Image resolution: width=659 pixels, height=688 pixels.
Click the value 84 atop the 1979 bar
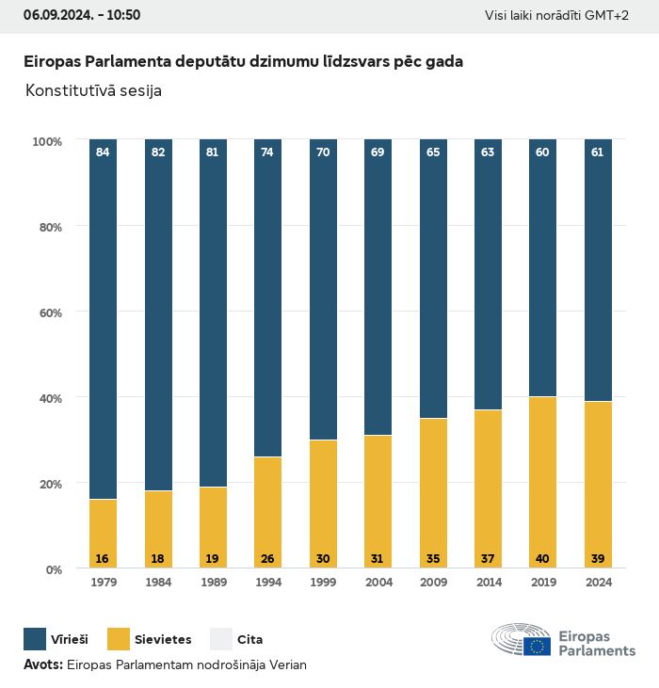[x=103, y=152]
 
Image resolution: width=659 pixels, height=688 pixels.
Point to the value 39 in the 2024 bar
[x=598, y=559]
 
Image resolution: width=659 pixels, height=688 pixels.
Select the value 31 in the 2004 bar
[x=378, y=559]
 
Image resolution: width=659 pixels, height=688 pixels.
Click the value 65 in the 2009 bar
[x=432, y=152]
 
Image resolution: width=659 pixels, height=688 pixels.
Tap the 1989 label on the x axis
[x=213, y=583]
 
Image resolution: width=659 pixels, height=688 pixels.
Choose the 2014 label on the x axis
[x=488, y=583]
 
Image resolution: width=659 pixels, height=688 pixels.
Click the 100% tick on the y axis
[x=46, y=141]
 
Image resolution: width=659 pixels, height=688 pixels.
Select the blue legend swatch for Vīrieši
[x=35, y=639]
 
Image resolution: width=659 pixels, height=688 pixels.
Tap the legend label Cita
[x=249, y=640]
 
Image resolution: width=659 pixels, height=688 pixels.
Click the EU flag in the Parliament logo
[x=538, y=646]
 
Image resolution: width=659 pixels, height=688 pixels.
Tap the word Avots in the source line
[x=41, y=664]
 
